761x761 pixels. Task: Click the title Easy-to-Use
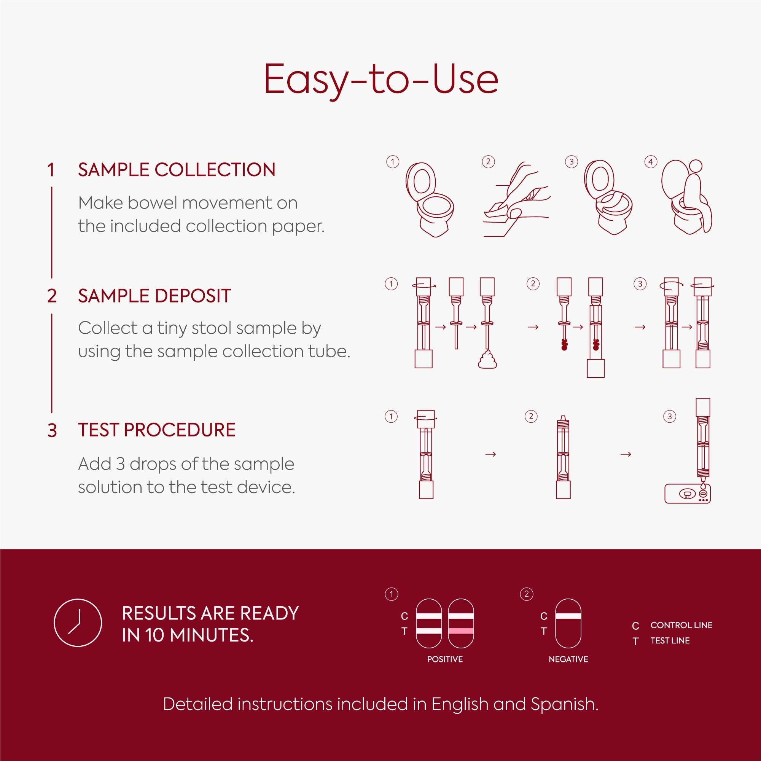click(380, 80)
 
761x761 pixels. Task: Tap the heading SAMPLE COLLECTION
click(177, 170)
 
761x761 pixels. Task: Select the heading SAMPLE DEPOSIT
click(154, 296)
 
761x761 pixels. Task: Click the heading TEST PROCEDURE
click(157, 430)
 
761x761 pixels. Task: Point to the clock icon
click(78, 623)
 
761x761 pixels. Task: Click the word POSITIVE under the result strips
click(445, 659)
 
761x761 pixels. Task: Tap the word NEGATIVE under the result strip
click(568, 659)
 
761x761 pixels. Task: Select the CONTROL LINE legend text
click(681, 625)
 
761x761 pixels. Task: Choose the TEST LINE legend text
click(670, 641)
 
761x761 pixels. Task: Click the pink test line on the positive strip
click(461, 631)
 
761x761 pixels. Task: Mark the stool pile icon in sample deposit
click(487, 360)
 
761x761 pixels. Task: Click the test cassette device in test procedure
click(687, 494)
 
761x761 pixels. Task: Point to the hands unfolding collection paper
click(516, 201)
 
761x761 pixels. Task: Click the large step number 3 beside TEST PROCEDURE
click(52, 430)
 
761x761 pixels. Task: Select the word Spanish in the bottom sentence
click(564, 704)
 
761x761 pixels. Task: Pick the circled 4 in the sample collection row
click(650, 162)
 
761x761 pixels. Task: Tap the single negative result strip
click(568, 623)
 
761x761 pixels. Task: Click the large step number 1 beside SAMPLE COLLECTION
click(51, 170)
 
